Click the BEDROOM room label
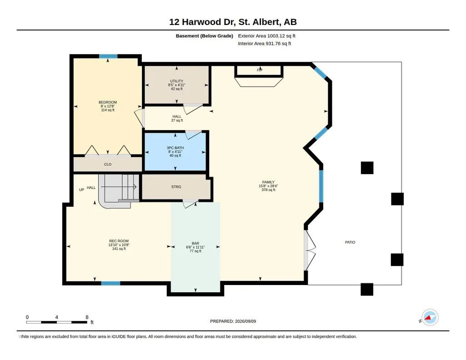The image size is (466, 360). [x=108, y=102]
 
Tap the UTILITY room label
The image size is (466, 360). [x=176, y=81]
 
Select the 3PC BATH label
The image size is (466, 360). [x=175, y=148]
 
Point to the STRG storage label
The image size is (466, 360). [x=176, y=187]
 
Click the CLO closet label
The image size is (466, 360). [x=108, y=164]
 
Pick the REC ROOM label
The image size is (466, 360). [x=119, y=241]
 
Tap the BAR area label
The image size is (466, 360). [x=195, y=243]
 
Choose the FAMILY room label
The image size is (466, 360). [x=268, y=182]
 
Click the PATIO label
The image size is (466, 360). [x=350, y=242]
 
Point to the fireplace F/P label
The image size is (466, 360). [x=260, y=70]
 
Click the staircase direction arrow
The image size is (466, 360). [x=119, y=187]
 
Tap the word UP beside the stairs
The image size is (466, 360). [x=81, y=190]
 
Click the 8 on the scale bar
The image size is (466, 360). [x=87, y=317]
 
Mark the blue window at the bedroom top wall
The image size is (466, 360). [x=108, y=56]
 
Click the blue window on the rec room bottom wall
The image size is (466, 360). [x=110, y=283]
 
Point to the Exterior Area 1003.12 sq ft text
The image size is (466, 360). [x=266, y=36]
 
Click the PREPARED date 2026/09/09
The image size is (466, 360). [x=246, y=321]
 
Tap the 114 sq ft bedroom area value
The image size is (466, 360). [x=108, y=110]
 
